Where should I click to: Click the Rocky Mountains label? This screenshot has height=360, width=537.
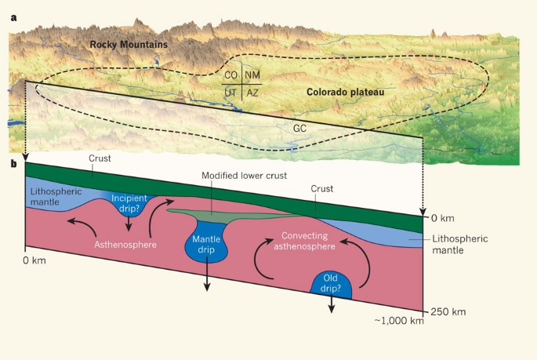pos(129,45)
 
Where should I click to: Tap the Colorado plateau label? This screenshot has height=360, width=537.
pos(345,92)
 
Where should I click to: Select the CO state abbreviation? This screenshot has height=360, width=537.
pos(231,76)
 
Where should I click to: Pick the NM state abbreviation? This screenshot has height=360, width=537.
pos(252,76)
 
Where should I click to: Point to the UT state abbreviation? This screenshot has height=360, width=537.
pos(230,93)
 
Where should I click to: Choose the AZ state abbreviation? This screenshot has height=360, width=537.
pos(252,93)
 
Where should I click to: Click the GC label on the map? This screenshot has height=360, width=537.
pos(299,127)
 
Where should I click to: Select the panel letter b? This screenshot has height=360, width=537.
pos(14,163)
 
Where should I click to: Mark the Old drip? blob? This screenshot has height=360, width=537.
pos(330,284)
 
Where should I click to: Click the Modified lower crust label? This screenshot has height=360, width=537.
pos(239,176)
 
